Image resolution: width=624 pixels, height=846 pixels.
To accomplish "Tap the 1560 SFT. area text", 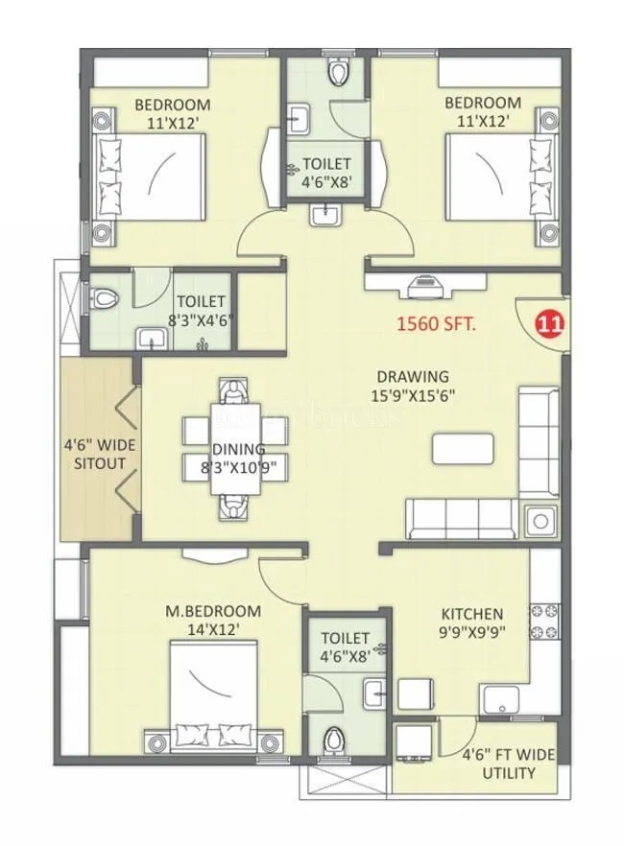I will (438, 324).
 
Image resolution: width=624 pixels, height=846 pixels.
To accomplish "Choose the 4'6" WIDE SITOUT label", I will (100, 454).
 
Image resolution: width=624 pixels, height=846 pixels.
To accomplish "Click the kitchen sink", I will (500, 701).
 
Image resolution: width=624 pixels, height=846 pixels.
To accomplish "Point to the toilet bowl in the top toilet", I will (336, 73).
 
